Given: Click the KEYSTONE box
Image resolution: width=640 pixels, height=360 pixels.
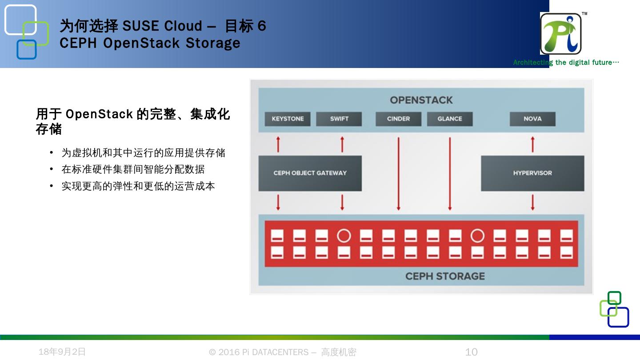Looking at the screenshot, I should coord(288,119).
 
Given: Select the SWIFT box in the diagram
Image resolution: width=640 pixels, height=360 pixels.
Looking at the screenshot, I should coord(339,119).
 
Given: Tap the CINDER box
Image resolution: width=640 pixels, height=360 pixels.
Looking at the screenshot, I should coord(398,119).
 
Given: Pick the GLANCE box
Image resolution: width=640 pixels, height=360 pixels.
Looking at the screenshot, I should coord(450,119).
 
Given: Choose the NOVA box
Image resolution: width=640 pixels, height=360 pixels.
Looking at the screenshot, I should coord(532,119).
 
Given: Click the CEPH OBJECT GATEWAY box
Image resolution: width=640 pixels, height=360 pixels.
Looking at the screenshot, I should coord(310,173).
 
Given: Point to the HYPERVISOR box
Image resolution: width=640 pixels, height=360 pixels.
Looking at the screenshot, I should coord(532,173).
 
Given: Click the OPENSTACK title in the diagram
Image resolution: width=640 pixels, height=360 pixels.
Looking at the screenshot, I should coord(421,100).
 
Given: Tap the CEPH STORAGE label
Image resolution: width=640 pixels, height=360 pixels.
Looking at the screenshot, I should coord(445,276).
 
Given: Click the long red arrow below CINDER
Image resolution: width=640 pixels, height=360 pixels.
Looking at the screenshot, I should coord(398,173).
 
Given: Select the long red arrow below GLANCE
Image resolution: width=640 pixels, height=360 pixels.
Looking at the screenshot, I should coord(450,173).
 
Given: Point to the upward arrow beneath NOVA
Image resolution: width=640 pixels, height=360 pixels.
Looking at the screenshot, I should coord(532,145).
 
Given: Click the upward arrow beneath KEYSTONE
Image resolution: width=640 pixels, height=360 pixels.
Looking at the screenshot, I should coord(278,145).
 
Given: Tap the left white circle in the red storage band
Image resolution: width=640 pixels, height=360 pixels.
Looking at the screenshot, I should coord(344,236).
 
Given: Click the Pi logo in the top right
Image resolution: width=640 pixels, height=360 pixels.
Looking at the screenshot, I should coord(561,34).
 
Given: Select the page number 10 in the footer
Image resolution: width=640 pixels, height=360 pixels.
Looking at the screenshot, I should coord(471,352).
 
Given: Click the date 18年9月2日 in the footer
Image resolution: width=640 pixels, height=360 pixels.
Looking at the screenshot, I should coord(62,352).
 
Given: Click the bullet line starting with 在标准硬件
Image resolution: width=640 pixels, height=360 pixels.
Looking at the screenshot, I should coord(133,169).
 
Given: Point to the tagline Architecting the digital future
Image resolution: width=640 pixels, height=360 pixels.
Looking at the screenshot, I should coord(566,63).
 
